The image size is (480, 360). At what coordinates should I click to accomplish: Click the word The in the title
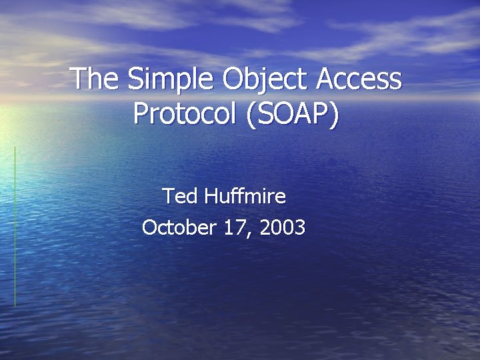pos(94,79)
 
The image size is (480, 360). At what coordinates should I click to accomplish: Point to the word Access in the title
pos(359,79)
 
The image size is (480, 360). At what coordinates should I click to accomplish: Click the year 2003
pos(283,228)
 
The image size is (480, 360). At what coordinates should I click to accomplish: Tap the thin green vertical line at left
pos(15,227)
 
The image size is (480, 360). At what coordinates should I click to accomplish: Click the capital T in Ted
pos(167,196)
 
